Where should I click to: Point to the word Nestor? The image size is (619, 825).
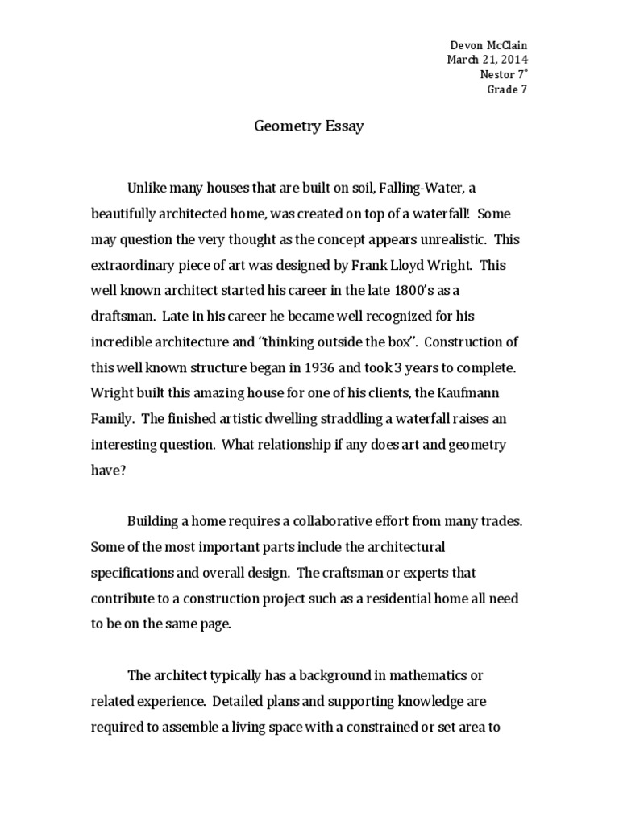pos(496,73)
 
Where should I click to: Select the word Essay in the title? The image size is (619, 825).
pos(343,126)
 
